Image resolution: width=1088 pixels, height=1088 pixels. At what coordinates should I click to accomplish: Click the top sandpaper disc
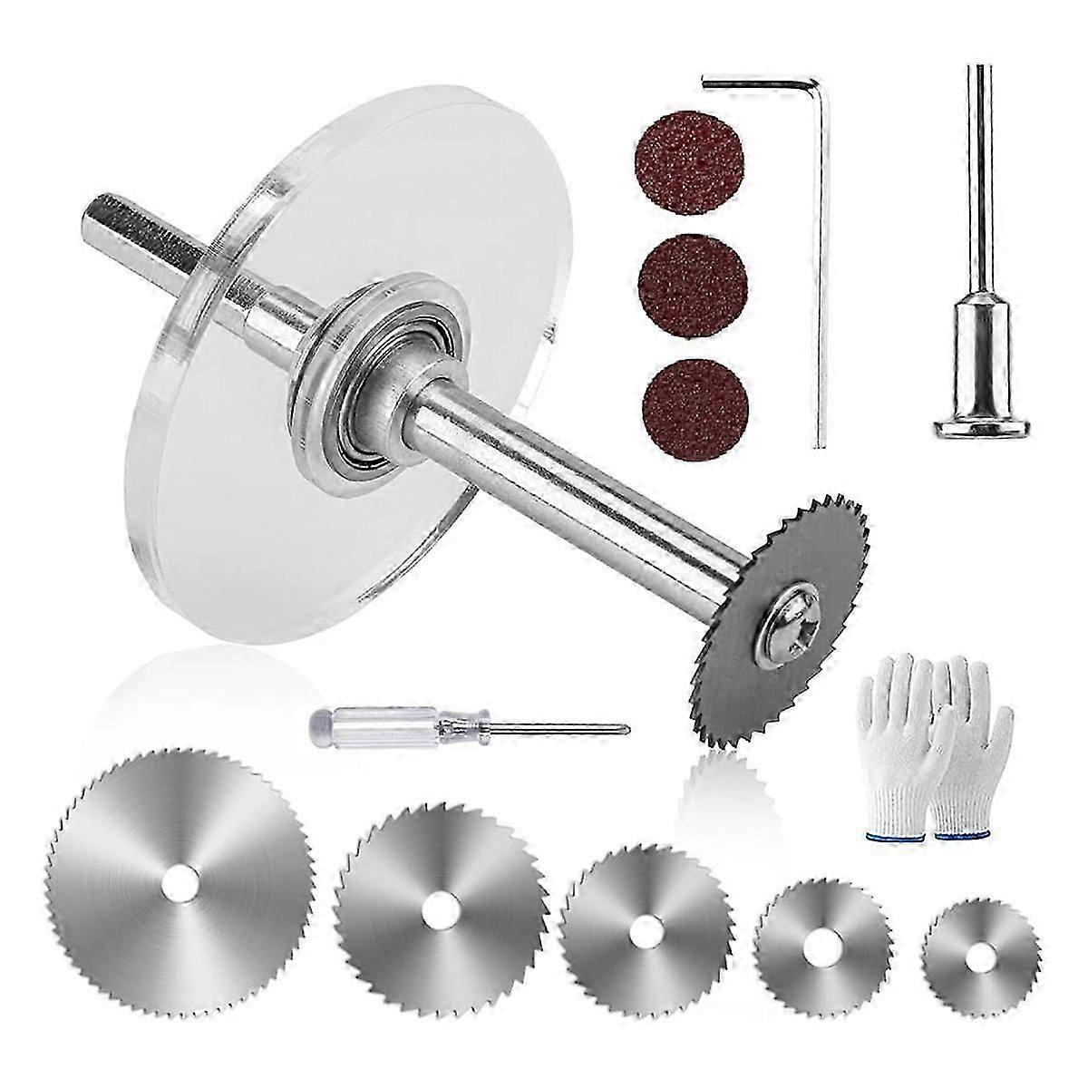[x=673, y=156]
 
